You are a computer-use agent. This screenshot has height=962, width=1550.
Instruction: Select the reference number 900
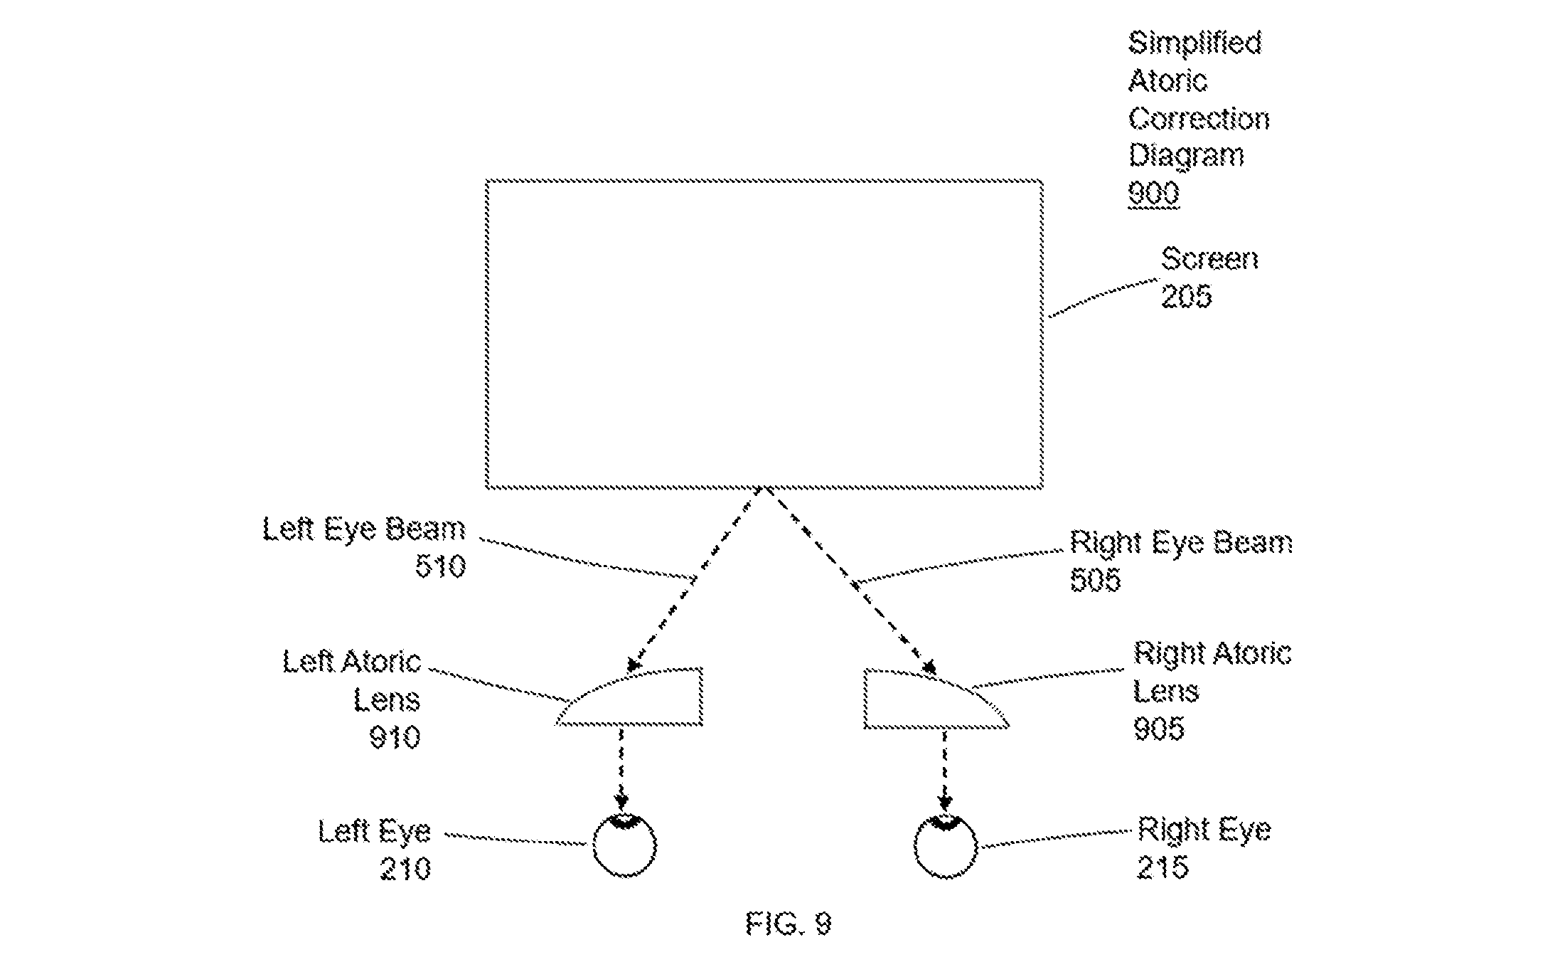1154,193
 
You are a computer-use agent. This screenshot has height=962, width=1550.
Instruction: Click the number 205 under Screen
1186,296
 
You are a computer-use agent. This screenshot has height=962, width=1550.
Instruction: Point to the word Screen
1209,259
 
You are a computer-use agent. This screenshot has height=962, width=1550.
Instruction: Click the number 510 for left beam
440,566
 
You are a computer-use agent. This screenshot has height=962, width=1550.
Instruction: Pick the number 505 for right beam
1096,579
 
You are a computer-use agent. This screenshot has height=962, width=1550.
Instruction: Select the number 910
395,736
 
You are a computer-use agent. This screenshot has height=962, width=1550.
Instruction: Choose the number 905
1159,728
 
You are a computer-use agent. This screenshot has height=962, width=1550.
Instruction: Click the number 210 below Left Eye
405,869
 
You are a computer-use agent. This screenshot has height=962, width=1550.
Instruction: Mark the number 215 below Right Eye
1163,867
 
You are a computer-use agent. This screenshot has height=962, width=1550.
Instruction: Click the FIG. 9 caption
789,924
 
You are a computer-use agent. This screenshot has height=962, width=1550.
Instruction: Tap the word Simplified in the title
1195,44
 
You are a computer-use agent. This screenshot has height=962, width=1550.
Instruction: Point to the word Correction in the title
1199,119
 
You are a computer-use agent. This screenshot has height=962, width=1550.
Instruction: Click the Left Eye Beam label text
364,529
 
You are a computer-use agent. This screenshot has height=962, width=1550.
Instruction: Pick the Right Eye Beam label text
1182,542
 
